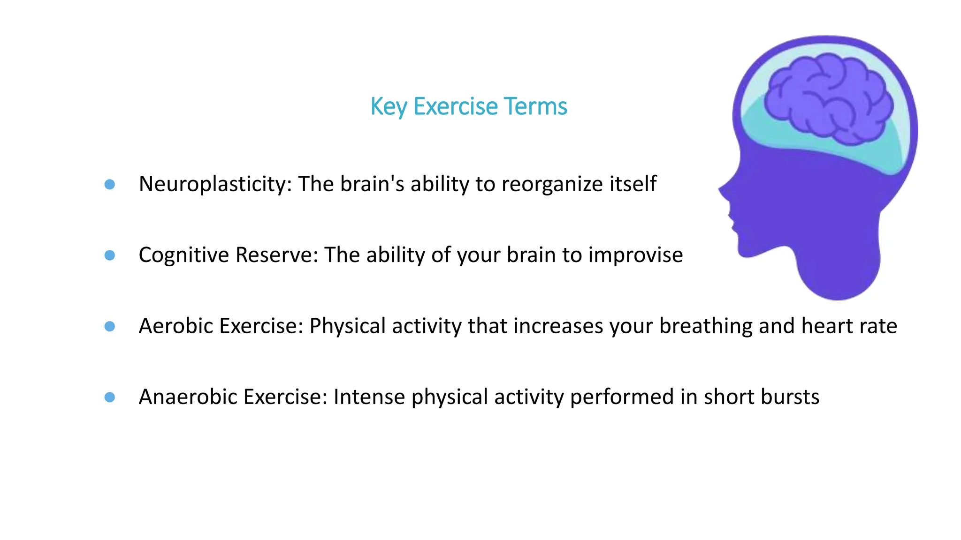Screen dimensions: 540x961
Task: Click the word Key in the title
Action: click(389, 107)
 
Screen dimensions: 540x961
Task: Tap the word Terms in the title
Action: click(535, 106)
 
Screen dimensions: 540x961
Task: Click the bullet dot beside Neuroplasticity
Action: click(110, 184)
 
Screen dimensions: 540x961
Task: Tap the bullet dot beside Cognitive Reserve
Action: click(110, 255)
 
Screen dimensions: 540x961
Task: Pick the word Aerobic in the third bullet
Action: click(176, 326)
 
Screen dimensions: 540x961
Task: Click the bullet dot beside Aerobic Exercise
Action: click(110, 326)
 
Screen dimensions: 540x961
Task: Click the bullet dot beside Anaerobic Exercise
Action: click(110, 397)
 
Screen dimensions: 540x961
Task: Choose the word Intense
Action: click(369, 397)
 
